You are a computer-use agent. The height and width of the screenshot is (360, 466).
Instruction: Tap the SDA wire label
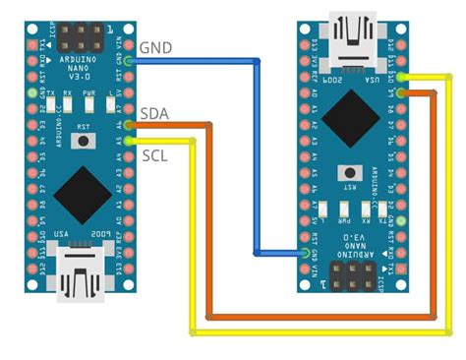point(153,114)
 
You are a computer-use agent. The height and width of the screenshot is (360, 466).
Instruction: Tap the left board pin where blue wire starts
point(128,61)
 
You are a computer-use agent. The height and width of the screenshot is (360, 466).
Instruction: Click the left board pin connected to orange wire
point(128,125)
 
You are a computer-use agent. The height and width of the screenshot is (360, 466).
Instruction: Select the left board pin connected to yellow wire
point(128,140)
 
